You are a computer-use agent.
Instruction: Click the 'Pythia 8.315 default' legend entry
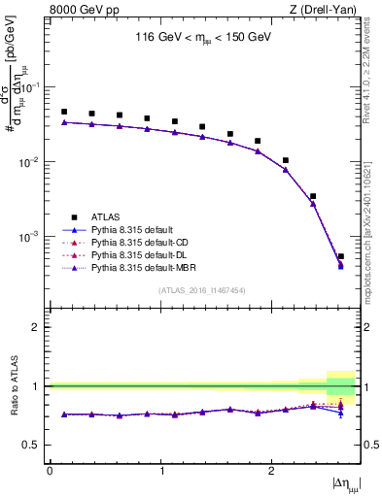pyautogui.click(x=133, y=229)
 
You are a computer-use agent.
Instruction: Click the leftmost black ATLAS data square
pyautogui.click(x=64, y=112)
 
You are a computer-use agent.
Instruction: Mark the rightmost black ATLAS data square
pyautogui.click(x=340, y=256)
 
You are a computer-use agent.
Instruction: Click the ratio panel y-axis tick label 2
pyautogui.click(x=38, y=327)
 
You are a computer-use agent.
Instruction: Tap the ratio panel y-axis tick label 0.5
pyautogui.click(x=34, y=445)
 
